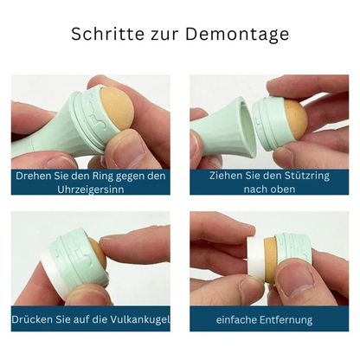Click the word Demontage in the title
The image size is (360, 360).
click(237, 35)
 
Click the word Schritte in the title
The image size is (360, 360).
click(107, 34)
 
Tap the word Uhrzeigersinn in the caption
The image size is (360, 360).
click(91, 190)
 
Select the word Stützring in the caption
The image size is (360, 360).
click(305, 176)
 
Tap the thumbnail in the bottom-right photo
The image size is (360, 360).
click(299, 281)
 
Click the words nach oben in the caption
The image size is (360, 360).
click(269, 190)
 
